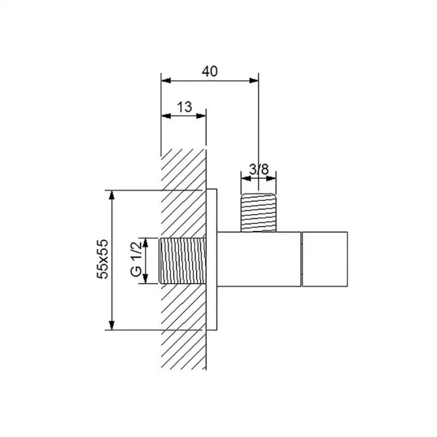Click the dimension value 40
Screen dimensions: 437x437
coord(210,71)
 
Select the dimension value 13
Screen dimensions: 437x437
coord(185,107)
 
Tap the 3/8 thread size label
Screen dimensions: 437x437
coord(259,169)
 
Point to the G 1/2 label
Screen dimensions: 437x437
coord(136,259)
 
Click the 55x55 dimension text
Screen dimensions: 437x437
coord(102,259)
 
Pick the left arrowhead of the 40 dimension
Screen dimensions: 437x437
coord(166,81)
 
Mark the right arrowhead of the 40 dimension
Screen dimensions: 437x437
coord(254,81)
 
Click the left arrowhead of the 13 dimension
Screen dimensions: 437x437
coord(166,116)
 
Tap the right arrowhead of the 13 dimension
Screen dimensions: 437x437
coord(201,116)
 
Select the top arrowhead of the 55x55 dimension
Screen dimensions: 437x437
coord(112,195)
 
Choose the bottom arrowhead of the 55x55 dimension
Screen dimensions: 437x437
coord(112,325)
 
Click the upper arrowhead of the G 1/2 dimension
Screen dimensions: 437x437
coord(145,243)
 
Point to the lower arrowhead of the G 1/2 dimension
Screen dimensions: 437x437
coord(145,279)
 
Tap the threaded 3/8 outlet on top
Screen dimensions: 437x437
coord(258,213)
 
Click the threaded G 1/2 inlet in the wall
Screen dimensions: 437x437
coord(182,261)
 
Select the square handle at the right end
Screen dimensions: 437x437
coord(325,259)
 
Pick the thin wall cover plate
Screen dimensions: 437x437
coord(212,260)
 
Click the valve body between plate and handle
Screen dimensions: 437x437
coord(259,259)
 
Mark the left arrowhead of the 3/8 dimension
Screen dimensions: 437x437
coord(246,179)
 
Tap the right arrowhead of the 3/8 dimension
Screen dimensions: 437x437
coord(272,179)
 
